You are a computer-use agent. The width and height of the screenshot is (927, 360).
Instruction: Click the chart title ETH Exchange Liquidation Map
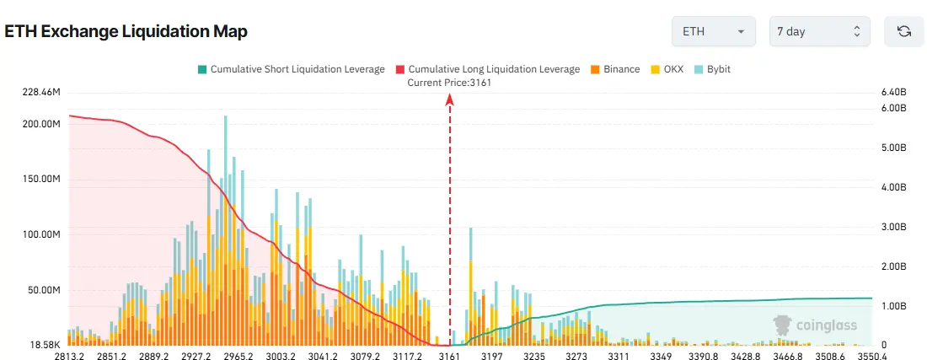point(126,32)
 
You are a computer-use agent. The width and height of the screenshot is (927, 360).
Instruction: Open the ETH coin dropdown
point(713,31)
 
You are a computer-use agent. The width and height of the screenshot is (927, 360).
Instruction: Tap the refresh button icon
point(904,31)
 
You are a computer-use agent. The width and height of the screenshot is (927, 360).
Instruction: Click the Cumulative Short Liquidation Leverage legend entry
point(291,69)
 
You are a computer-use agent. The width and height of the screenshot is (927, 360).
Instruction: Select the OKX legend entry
point(667,69)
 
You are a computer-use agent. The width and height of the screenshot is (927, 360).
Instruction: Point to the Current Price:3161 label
point(449,83)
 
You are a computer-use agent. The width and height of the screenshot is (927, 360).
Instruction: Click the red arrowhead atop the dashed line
point(450,99)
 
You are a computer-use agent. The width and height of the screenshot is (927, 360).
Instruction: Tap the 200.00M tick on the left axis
point(41,124)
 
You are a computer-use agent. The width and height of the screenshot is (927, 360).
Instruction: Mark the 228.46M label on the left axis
point(41,91)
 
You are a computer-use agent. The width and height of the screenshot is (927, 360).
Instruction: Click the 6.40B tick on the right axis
point(892,91)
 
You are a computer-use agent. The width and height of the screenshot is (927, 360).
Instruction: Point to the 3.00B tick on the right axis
point(892,227)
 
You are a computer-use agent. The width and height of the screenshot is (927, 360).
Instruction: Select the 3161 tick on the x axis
point(449,357)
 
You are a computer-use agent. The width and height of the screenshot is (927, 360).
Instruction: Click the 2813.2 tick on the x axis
point(69,357)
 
